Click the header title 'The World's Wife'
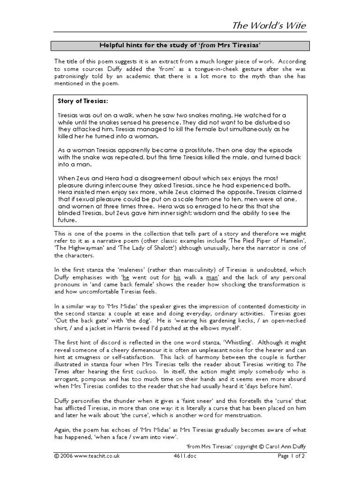coord(270,25)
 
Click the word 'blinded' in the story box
coord(69,213)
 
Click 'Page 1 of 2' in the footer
coord(291,456)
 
